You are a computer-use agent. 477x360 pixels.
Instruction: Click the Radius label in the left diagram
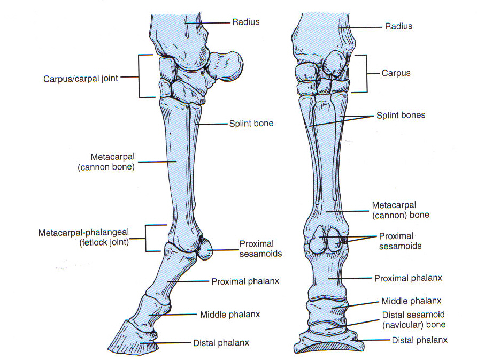point(245,22)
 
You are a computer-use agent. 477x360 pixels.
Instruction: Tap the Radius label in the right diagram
point(398,26)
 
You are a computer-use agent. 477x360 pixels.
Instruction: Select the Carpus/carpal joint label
point(80,78)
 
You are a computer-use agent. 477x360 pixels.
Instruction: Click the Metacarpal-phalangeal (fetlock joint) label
point(89,238)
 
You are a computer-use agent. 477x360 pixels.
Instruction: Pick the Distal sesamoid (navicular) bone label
point(413,319)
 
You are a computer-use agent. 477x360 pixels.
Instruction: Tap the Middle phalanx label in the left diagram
point(229,315)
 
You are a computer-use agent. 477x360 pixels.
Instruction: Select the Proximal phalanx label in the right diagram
point(407,278)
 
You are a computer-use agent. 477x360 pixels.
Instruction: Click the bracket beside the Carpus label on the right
point(365,73)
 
